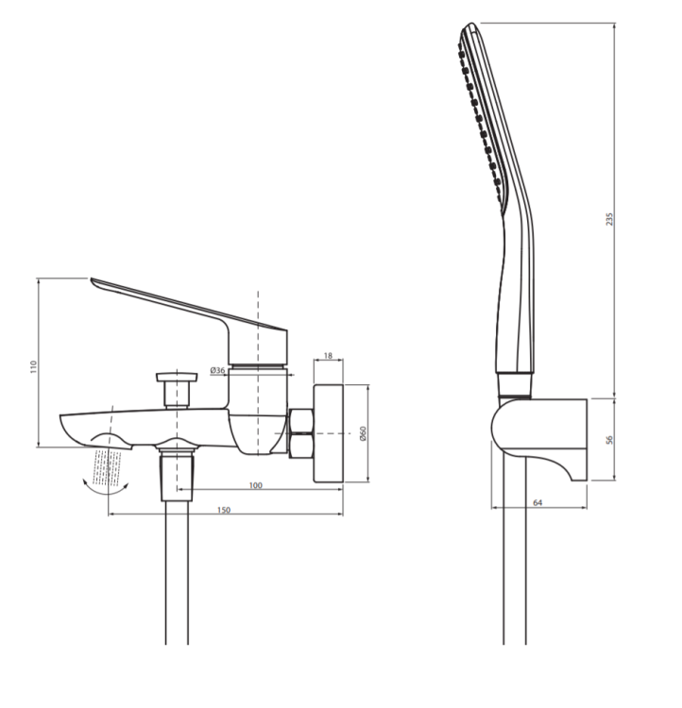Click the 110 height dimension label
click(32, 366)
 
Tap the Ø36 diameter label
click(217, 370)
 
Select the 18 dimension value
click(328, 356)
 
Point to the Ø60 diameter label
click(363, 433)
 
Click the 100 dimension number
click(255, 485)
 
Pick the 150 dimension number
click(224, 510)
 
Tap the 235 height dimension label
click(610, 219)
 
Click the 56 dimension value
click(609, 439)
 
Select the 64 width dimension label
click(537, 502)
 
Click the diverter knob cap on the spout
click(177, 377)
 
